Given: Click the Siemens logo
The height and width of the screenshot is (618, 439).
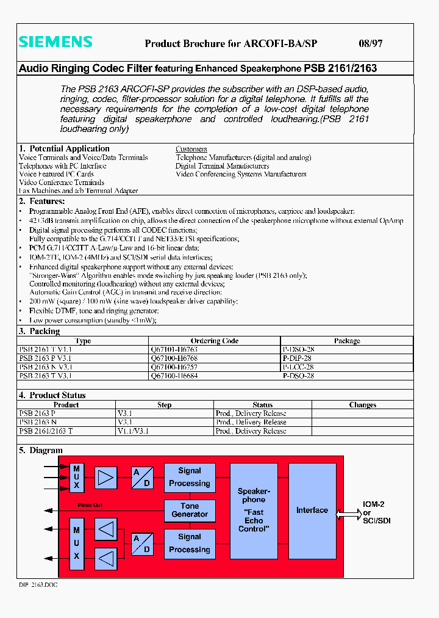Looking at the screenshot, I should tap(55, 42).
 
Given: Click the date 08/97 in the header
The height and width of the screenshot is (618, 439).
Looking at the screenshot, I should tap(369, 43).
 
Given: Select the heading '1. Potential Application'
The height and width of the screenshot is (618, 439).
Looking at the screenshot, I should tap(64, 148).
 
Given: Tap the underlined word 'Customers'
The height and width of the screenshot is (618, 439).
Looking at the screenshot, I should tap(191, 149).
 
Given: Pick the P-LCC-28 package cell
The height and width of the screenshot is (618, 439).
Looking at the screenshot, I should tap(299, 367).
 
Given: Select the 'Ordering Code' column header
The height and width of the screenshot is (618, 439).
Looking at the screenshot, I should tap(214, 341).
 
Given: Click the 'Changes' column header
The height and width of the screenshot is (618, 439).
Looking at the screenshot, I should tap(362, 405).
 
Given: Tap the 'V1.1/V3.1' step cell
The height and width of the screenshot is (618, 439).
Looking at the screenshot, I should tap(133, 431).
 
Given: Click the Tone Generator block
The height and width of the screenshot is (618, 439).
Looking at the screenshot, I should tap(190, 511).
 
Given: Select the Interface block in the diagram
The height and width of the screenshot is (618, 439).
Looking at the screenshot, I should tap(312, 511).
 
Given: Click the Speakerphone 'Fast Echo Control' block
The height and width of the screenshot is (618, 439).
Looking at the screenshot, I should tap(253, 511).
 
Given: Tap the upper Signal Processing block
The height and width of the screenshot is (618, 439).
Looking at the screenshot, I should tap(190, 477).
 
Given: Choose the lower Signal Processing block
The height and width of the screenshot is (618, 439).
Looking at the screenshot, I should tap(190, 543).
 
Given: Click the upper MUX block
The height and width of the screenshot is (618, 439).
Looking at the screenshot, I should tap(77, 477).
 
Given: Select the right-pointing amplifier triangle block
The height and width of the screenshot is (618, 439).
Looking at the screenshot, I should tap(107, 477).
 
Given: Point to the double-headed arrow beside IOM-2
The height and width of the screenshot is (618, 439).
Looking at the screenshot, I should tap(348, 514).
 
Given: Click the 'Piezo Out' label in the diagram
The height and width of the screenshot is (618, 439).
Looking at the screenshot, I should tap(90, 505).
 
